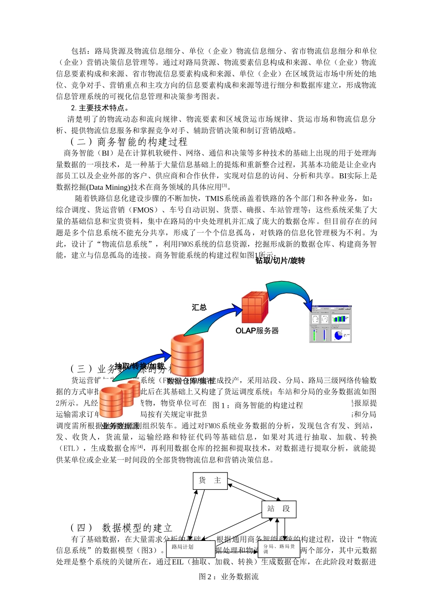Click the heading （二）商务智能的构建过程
[x=129, y=142]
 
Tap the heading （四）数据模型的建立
[x=121, y=528]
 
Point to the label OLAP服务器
[x=257, y=331]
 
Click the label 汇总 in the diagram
[x=199, y=307]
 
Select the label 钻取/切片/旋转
[x=280, y=261]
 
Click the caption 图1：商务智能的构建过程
[x=258, y=405]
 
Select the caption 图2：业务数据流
[x=229, y=577]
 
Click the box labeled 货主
[x=210, y=481]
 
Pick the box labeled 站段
[x=279, y=509]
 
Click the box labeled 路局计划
[x=191, y=549]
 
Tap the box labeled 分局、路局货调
[x=279, y=549]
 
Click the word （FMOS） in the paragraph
[x=143, y=210]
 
